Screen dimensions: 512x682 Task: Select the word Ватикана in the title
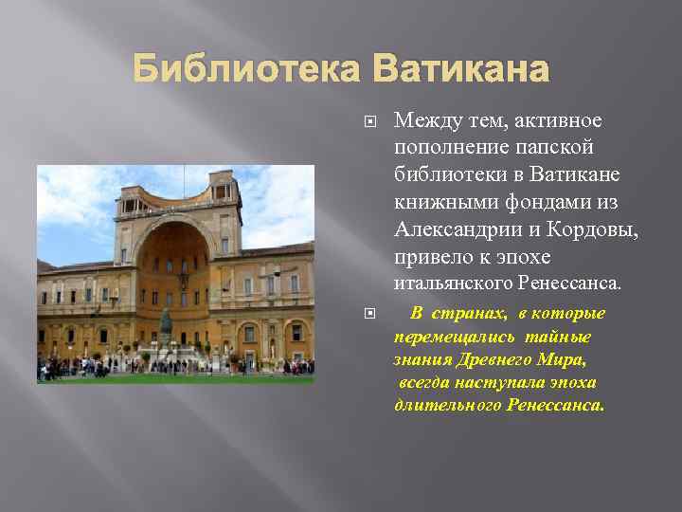coord(461,69)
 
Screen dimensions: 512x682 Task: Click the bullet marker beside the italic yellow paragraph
coord(370,313)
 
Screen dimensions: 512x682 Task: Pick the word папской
coord(559,149)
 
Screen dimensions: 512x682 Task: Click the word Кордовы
coord(590,230)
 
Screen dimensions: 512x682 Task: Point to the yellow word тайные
coord(558,338)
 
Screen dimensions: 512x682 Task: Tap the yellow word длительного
coord(447,405)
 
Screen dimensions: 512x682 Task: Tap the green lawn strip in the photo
coord(175,378)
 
